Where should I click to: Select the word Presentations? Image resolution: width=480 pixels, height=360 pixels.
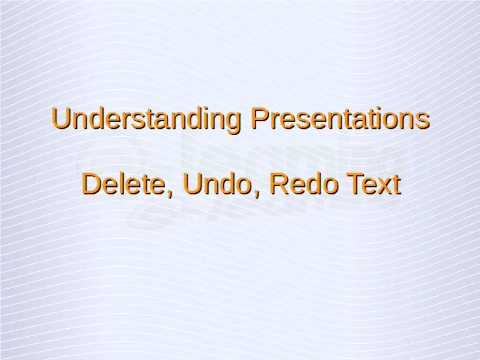[x=340, y=119]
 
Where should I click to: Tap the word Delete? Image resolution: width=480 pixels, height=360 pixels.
[x=127, y=184]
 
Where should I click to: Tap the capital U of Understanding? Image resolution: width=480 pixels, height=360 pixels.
[x=61, y=119]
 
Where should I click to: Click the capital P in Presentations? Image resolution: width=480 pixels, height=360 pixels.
[x=259, y=119]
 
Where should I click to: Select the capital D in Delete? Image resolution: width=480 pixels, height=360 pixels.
[x=91, y=184]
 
